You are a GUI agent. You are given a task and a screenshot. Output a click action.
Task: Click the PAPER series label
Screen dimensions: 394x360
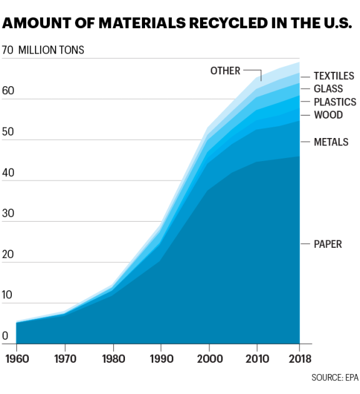(327, 244)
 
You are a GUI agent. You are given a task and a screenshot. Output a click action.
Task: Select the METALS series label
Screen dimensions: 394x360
(331, 142)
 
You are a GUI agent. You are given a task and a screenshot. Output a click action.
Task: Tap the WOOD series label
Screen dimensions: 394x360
(327, 115)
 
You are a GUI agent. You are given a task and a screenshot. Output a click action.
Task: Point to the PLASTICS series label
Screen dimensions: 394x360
(334, 102)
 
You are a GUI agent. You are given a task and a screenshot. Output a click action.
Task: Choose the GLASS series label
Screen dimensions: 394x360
(328, 89)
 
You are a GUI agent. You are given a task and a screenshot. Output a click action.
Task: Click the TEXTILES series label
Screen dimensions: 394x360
(334, 76)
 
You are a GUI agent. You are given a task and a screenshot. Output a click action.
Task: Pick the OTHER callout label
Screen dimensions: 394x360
(225, 71)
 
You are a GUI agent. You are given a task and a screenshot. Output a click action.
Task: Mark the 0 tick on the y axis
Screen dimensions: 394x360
(5, 337)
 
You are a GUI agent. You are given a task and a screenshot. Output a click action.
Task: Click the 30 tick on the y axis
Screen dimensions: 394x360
(7, 213)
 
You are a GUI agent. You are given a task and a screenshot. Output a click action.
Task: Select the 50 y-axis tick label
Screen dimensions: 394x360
(7, 131)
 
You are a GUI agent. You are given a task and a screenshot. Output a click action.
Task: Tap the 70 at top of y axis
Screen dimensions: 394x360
(7, 49)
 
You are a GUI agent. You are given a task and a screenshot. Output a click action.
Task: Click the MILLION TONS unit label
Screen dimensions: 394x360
(51, 49)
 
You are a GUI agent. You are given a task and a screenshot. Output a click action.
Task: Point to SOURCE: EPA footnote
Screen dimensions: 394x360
(333, 378)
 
